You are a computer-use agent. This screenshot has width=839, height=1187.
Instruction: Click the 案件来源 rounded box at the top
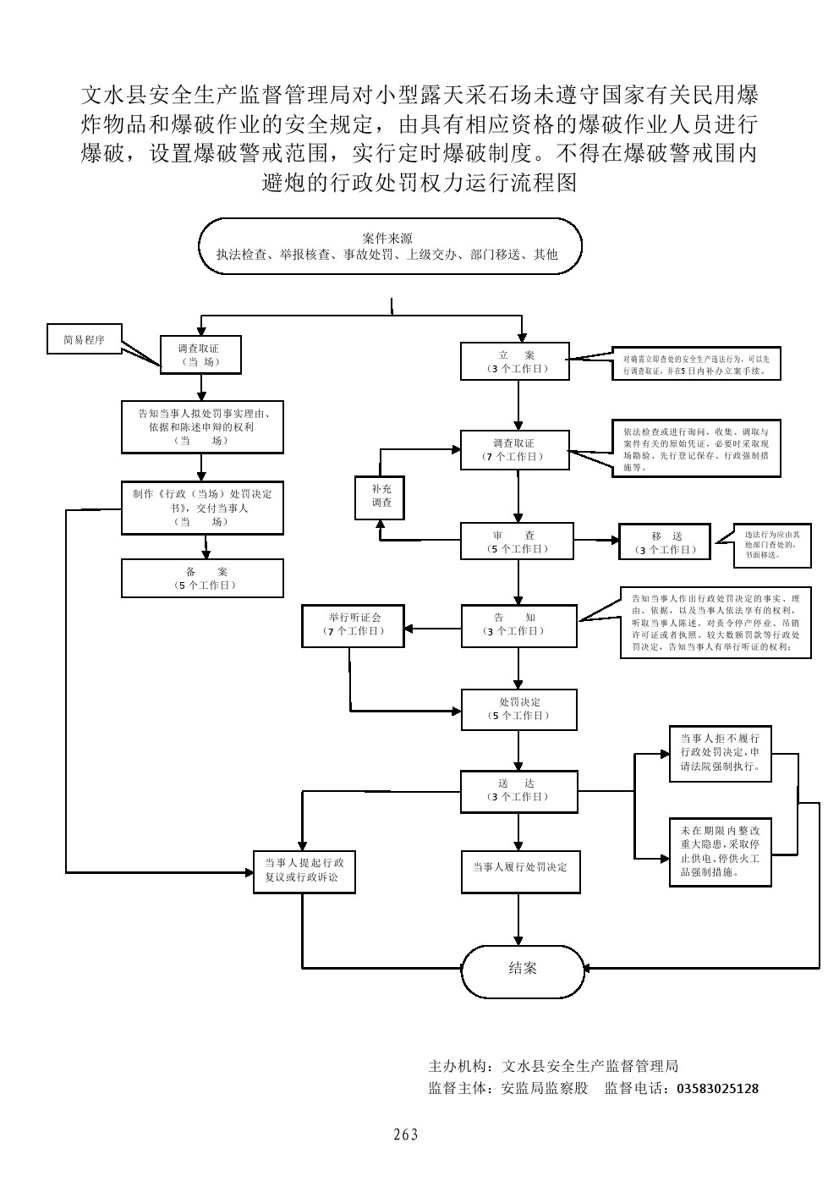(x=390, y=246)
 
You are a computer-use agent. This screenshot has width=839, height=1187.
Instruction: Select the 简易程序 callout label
(x=84, y=340)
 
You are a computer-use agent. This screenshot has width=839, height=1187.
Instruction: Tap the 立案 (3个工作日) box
(x=515, y=361)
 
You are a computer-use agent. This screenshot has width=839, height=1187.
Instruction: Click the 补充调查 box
(x=379, y=496)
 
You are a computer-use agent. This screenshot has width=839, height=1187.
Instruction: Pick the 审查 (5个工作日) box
(x=517, y=541)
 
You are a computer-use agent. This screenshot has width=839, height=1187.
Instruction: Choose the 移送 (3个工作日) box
(x=666, y=542)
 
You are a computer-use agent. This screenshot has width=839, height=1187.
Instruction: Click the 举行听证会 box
(x=354, y=624)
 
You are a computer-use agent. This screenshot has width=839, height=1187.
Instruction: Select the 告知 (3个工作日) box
(x=518, y=625)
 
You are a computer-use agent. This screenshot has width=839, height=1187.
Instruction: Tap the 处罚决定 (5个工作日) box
(x=518, y=709)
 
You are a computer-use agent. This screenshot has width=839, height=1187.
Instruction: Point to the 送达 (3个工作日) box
(x=518, y=790)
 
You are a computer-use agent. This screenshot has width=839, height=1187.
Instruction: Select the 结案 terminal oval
(x=522, y=968)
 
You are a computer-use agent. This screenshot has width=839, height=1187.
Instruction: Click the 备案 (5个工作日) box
(x=201, y=578)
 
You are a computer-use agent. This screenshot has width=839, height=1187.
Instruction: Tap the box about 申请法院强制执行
(x=720, y=752)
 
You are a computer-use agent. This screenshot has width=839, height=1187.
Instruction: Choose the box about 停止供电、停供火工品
(x=720, y=852)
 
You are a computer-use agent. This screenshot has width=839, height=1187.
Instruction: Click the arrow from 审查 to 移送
(x=596, y=540)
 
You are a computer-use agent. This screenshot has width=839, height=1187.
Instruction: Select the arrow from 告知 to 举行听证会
(x=432, y=629)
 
